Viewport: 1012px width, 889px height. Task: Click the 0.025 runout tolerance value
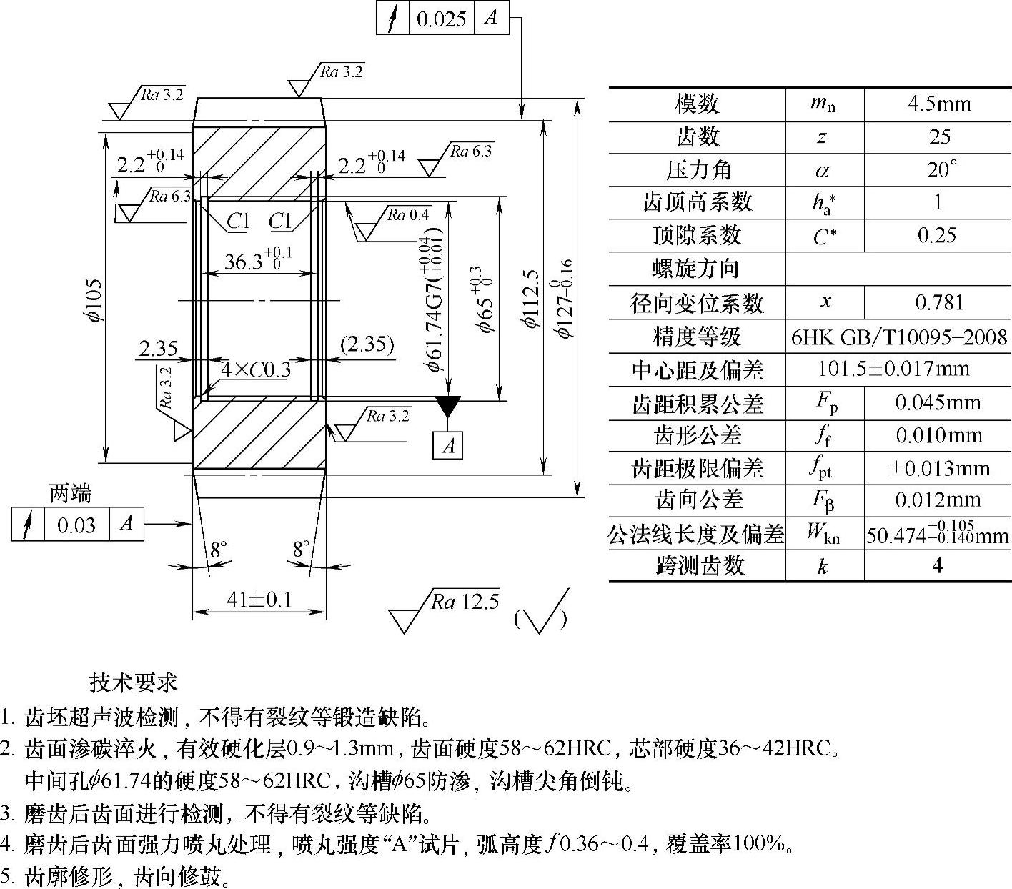(441, 19)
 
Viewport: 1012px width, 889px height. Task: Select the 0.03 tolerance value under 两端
(76, 525)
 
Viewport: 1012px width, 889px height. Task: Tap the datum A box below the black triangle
(448, 446)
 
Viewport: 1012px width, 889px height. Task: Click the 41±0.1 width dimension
(259, 599)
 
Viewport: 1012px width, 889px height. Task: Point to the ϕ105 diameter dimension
(96, 299)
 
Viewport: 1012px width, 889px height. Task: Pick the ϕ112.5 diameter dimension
(530, 299)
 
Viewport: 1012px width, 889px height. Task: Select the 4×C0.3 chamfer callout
(256, 369)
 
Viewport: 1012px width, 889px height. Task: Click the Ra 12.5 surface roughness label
(465, 602)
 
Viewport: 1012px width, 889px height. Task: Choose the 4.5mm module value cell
(938, 104)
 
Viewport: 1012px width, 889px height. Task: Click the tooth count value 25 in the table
(938, 137)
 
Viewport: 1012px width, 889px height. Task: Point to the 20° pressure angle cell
(938, 170)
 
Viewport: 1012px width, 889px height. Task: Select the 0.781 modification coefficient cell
(938, 302)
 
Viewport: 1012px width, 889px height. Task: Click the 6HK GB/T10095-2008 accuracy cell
(898, 337)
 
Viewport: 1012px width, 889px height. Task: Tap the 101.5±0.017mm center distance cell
(893, 369)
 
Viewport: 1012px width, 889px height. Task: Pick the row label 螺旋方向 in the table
(695, 269)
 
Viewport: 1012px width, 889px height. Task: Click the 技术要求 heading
(134, 682)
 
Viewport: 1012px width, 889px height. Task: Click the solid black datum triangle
(448, 406)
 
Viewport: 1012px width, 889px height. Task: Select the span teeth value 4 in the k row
(937, 566)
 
